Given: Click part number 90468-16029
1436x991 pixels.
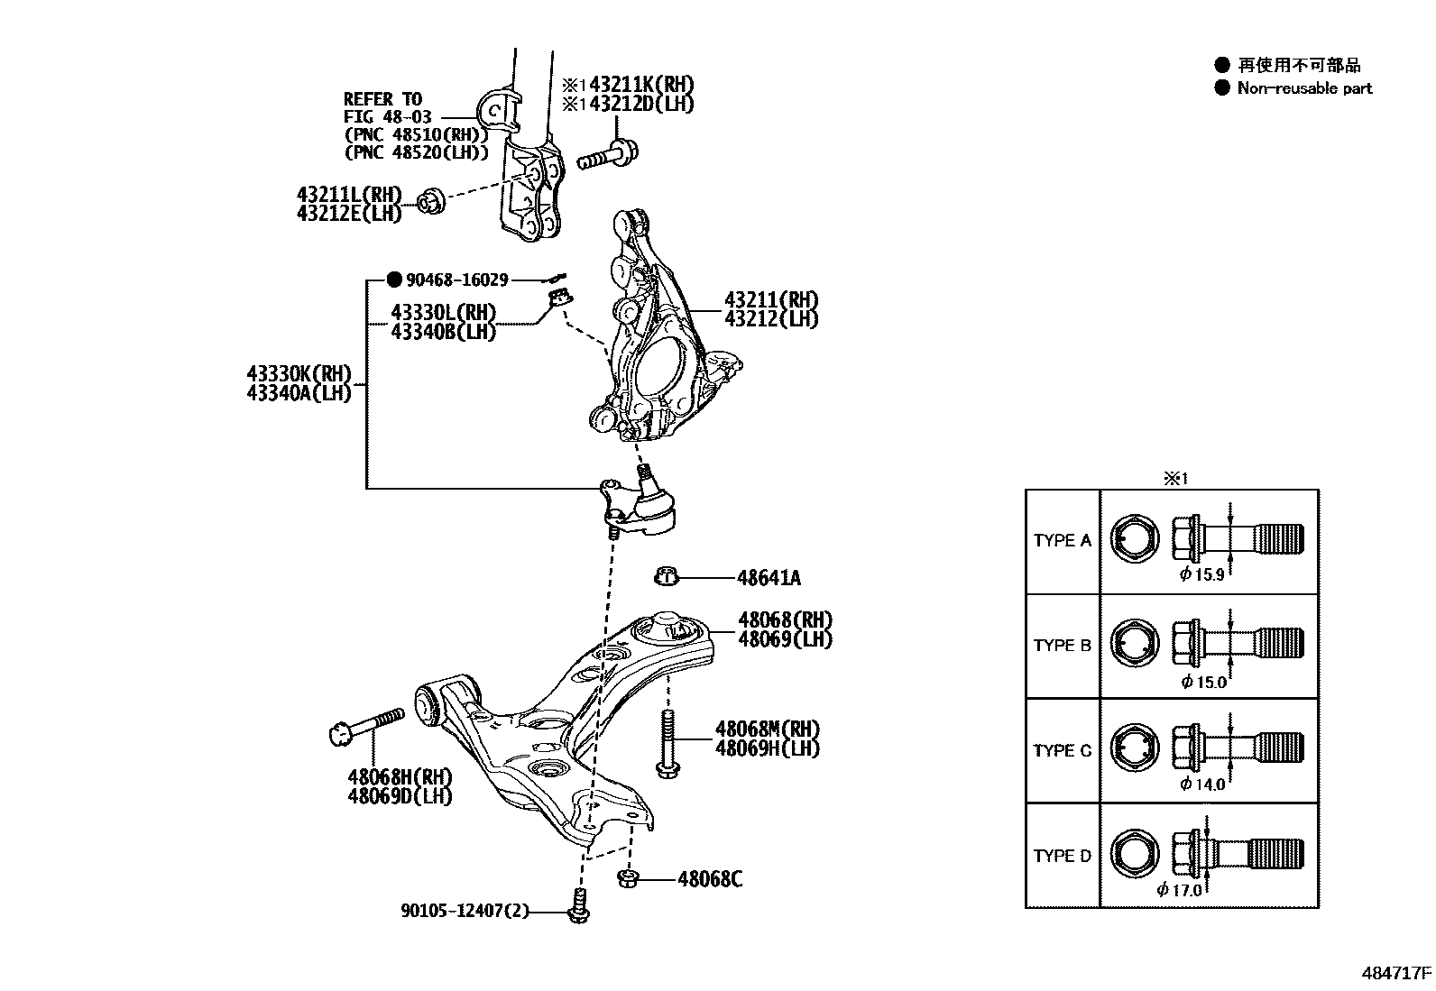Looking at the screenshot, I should pyautogui.click(x=456, y=280).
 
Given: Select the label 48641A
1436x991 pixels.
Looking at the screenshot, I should pyautogui.click(x=769, y=578).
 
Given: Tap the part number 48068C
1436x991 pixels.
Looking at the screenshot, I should pyautogui.click(x=710, y=878).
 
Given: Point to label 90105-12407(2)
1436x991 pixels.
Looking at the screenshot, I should pyautogui.click(x=465, y=913).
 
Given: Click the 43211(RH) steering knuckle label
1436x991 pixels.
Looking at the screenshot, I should pyautogui.click(x=771, y=300).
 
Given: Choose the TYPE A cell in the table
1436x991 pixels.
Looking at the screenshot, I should pyautogui.click(x=1062, y=540).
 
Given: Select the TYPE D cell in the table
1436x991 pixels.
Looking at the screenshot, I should pyautogui.click(x=1062, y=855).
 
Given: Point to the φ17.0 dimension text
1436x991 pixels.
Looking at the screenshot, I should pyautogui.click(x=1179, y=890).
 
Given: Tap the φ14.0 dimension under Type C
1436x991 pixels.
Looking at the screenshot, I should pyautogui.click(x=1202, y=784).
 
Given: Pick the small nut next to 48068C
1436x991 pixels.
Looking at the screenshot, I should pyautogui.click(x=629, y=877).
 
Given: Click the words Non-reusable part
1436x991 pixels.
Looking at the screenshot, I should pyautogui.click(x=1304, y=88).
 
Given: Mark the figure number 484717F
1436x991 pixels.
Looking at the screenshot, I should pyautogui.click(x=1396, y=974).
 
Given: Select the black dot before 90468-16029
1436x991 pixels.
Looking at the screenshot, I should pyautogui.click(x=393, y=280).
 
